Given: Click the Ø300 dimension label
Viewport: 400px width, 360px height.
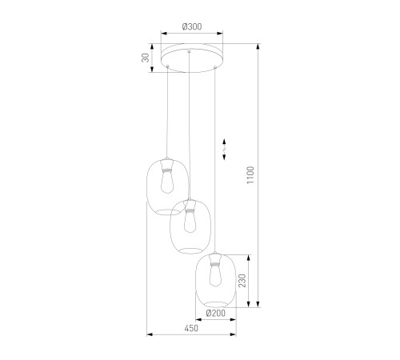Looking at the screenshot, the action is (192, 26).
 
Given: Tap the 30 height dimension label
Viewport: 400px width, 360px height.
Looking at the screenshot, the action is (146, 58).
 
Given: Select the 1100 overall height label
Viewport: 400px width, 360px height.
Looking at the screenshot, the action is (250, 175).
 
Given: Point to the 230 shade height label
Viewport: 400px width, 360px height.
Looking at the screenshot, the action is (242, 281).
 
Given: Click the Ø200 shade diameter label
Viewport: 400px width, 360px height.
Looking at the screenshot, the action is (216, 313).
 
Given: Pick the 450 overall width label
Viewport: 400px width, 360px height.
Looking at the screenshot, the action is (191, 328).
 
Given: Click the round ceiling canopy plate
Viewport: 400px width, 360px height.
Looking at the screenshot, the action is (192, 58).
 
